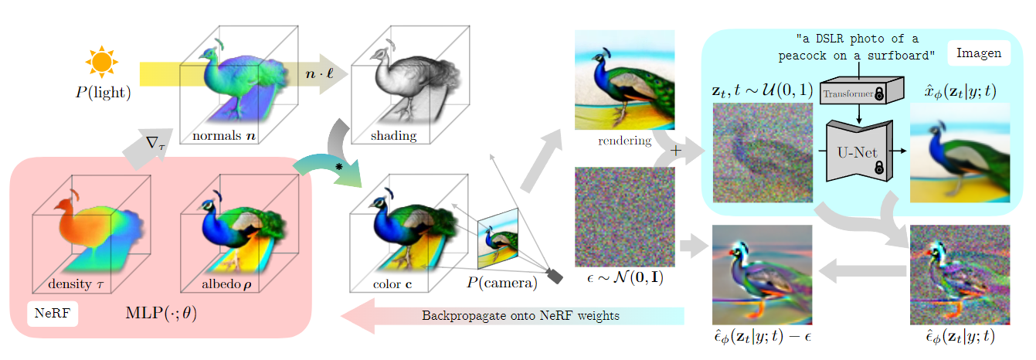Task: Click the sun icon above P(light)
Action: pyautogui.click(x=102, y=62)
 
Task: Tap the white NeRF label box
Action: pyautogui.click(x=53, y=314)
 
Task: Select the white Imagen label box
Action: pyautogui.click(x=979, y=53)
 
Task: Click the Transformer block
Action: pyautogui.click(x=861, y=90)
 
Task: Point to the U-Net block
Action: pyautogui.click(x=859, y=151)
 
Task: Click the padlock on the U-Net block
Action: pyautogui.click(x=878, y=167)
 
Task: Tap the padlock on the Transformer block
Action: pyautogui.click(x=878, y=94)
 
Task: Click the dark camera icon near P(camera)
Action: pyautogui.click(x=555, y=276)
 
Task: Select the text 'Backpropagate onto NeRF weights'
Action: pyautogui.click(x=520, y=315)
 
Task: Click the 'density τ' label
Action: pyautogui.click(x=76, y=284)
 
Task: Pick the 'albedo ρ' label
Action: pyautogui.click(x=226, y=284)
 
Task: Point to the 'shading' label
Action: pyautogui.click(x=393, y=135)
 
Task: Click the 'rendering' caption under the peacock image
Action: pyautogui.click(x=624, y=140)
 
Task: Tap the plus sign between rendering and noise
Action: pyautogui.click(x=676, y=151)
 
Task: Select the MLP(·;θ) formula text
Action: pyautogui.click(x=161, y=313)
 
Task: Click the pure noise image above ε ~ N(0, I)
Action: pyautogui.click(x=624, y=216)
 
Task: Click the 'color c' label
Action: pyautogui.click(x=392, y=284)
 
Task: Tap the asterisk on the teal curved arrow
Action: pyautogui.click(x=339, y=167)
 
